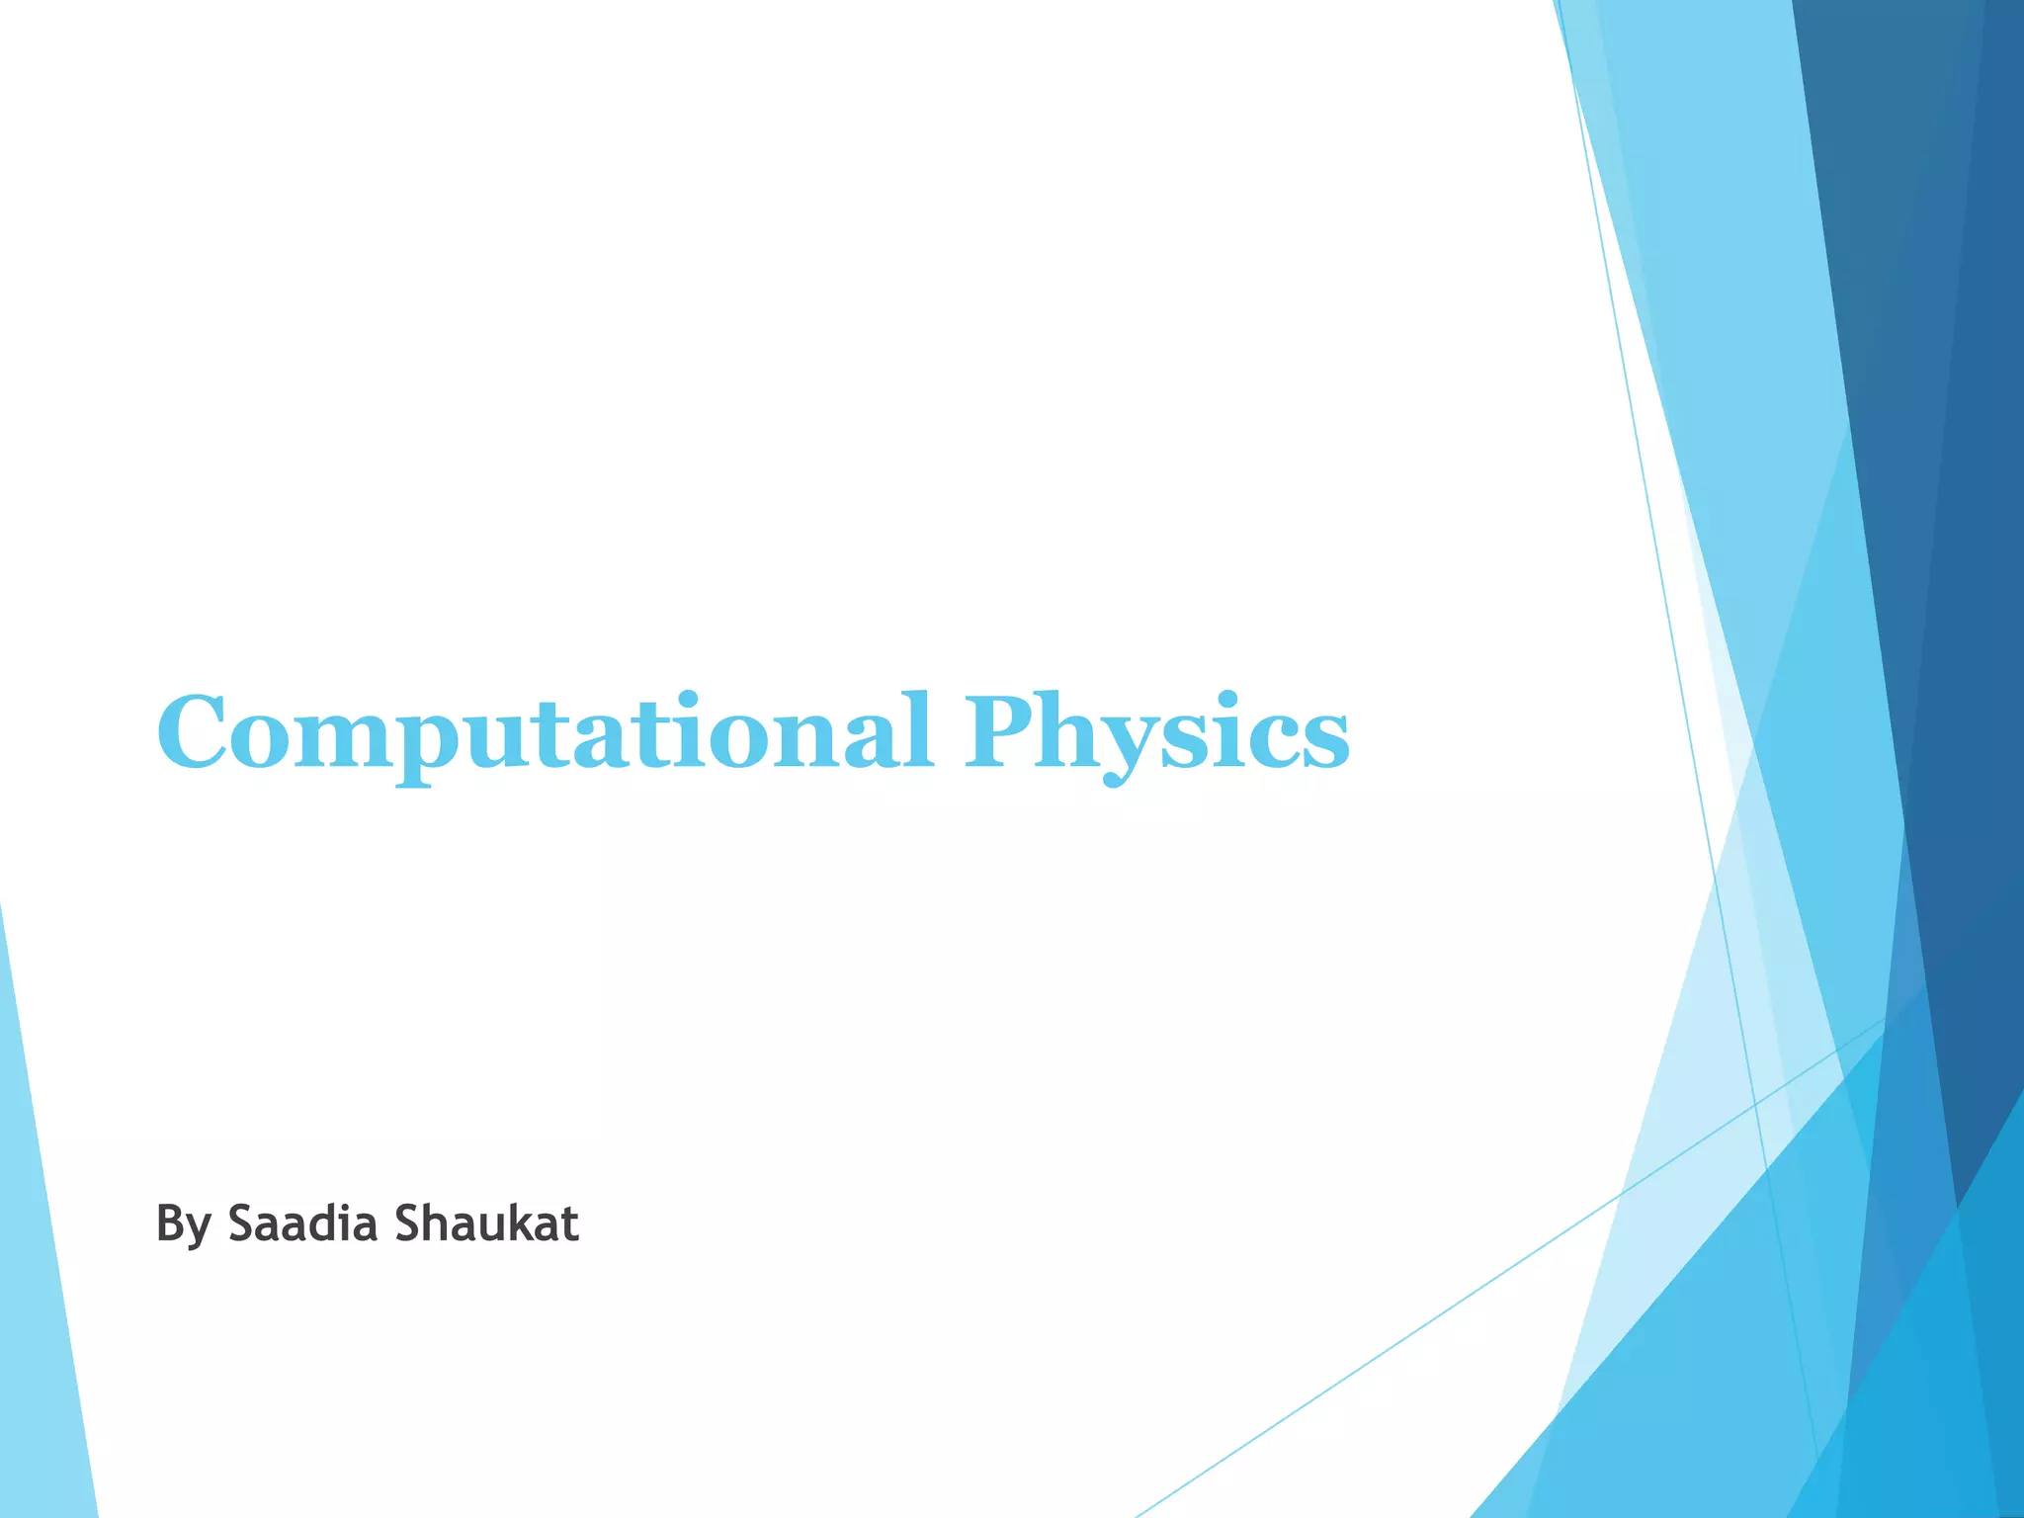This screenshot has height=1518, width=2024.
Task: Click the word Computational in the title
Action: [x=545, y=733]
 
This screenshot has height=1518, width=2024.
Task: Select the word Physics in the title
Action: [x=1157, y=733]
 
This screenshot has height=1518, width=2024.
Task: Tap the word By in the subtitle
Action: [x=183, y=1225]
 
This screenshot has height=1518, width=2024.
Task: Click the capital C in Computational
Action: [x=198, y=733]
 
